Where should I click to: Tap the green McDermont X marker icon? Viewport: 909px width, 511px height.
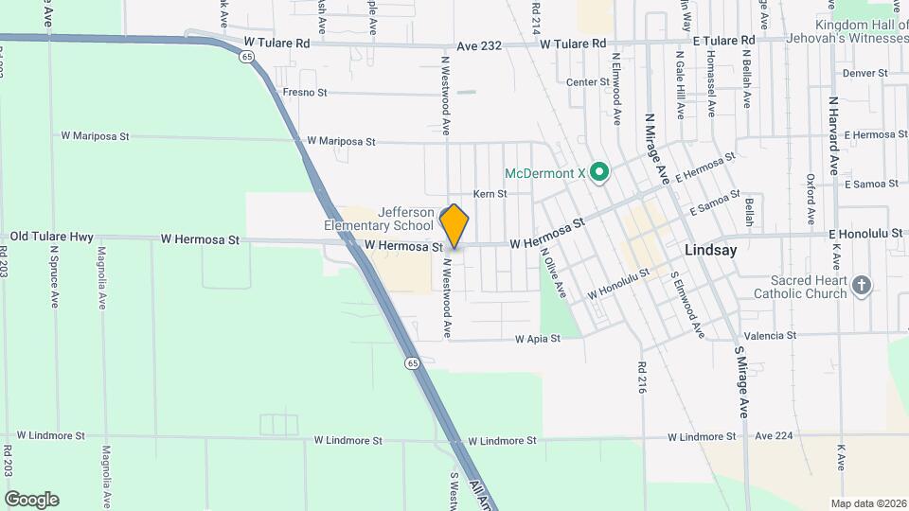598,173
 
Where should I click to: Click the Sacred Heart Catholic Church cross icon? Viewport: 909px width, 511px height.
861,286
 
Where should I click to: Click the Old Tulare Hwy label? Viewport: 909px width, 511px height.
52,237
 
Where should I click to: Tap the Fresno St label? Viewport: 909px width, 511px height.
304,93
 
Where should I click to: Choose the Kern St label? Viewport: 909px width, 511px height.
490,194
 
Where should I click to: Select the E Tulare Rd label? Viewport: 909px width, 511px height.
722,41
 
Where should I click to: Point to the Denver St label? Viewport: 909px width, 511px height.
864,72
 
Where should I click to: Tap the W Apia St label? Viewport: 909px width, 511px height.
538,338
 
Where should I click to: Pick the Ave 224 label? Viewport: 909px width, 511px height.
775,436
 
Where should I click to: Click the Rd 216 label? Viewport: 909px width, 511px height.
642,377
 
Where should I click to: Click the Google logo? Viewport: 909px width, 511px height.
31,499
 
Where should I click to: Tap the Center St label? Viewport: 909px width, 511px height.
588,82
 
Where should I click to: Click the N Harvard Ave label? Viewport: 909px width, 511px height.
834,135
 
